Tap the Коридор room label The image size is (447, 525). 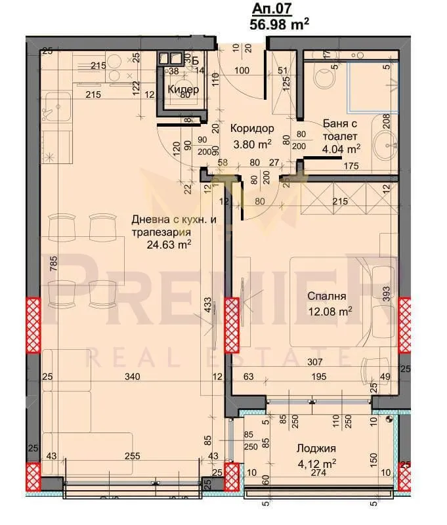point(252,129)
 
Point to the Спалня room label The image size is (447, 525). point(326,295)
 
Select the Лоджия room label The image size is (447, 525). point(316,449)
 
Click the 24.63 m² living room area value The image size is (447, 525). point(169,244)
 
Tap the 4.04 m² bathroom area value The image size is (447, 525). point(340,150)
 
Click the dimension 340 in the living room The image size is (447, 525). point(131,377)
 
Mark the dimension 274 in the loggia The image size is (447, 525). point(318,472)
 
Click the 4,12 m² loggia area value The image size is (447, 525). point(316,463)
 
